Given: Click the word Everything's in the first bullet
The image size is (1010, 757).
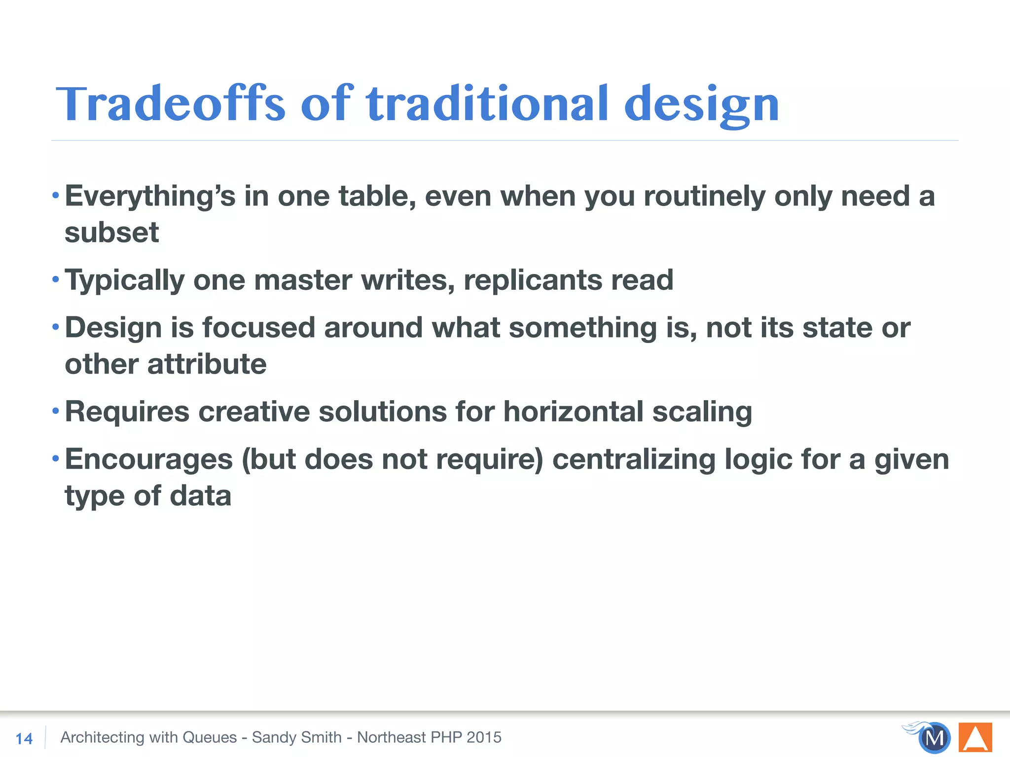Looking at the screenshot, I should coord(150,197).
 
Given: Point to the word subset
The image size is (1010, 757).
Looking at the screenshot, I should coord(112,233).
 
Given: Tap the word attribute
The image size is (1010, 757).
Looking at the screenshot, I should coord(207,364).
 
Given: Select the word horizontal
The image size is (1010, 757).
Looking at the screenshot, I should coord(573,412).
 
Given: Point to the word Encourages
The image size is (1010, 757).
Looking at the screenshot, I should coord(149,460).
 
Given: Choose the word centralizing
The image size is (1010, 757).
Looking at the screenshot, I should coord(634,460).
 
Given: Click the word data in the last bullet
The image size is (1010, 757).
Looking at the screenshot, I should coord(200,496).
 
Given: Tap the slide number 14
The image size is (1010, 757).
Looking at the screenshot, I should coord(24,738).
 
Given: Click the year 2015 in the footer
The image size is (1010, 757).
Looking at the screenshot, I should coord(484,737).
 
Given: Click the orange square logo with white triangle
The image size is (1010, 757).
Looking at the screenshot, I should coord(975,737).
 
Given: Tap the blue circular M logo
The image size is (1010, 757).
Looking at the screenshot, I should coord(934,738).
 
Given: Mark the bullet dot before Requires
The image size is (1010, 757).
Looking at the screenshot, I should coord(56,411).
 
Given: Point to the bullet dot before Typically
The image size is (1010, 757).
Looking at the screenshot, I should coord(56,279).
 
